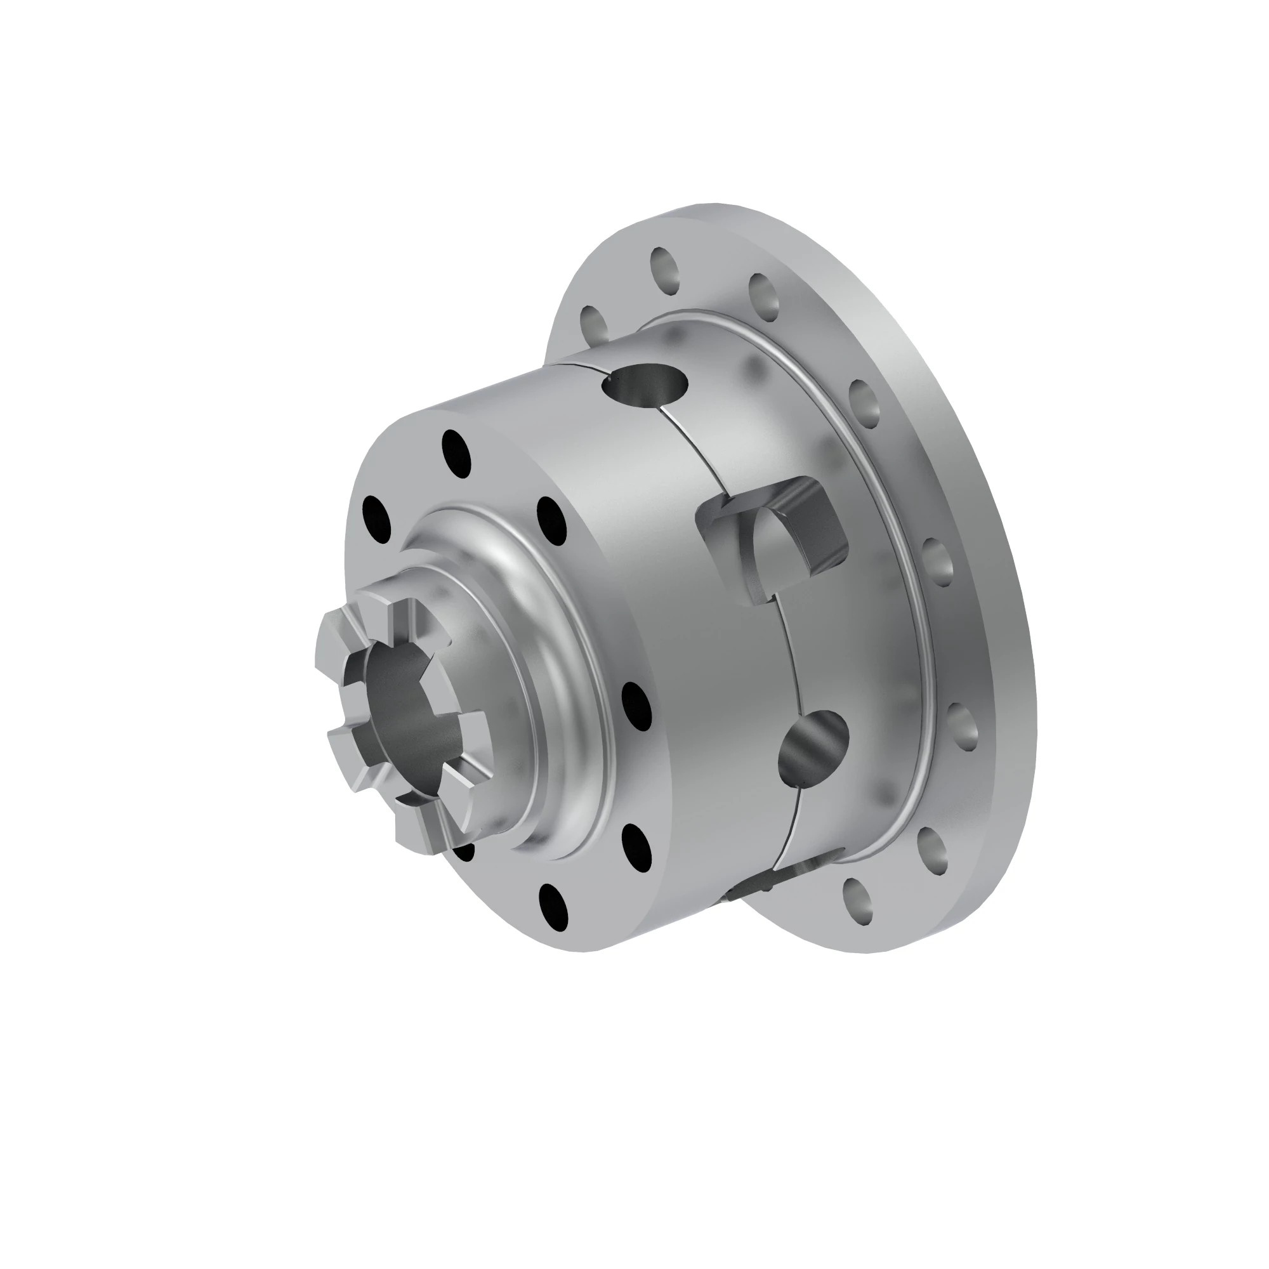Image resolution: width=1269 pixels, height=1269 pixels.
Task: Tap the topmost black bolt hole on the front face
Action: [456, 452]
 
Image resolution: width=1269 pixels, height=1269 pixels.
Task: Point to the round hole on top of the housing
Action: [647, 381]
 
